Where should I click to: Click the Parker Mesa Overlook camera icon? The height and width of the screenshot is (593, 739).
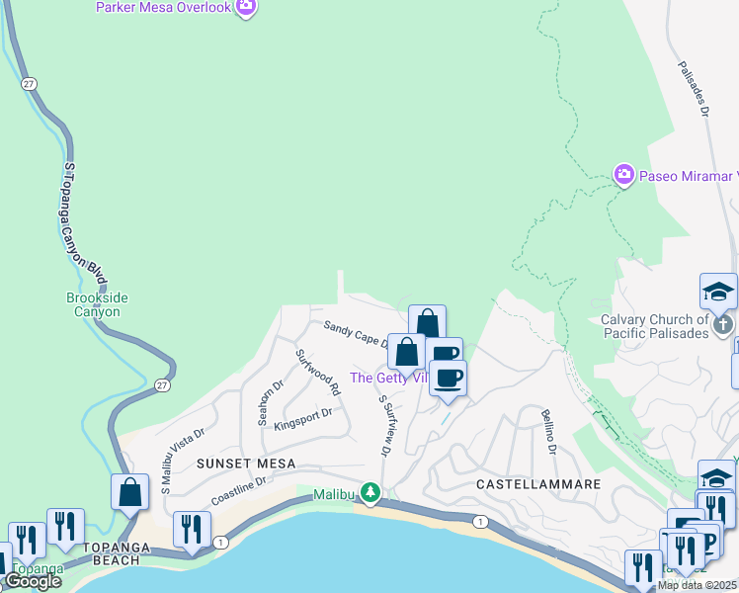246,8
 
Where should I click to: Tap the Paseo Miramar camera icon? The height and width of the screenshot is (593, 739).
623,175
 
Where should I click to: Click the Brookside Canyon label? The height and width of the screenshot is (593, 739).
97,304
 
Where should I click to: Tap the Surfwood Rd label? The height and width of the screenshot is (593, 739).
317,368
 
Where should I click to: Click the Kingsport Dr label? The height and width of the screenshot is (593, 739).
302,419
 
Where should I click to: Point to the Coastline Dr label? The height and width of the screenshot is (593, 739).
239,485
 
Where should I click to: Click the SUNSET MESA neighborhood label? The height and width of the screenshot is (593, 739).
242,463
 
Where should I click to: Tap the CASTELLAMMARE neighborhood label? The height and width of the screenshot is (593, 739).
538,484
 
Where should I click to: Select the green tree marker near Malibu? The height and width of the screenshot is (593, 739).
370,491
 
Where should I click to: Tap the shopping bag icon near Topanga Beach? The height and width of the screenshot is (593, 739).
129,490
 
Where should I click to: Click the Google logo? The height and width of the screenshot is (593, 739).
32,581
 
